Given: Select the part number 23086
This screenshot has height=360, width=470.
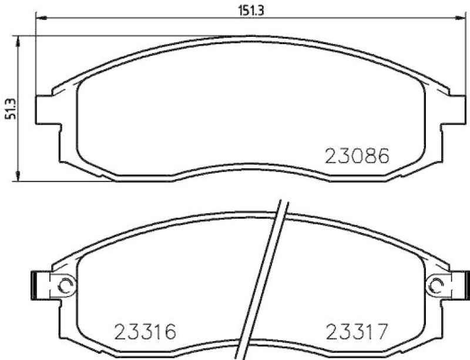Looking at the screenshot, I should click(x=357, y=157).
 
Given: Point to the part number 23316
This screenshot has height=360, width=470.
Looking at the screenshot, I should click(x=145, y=333).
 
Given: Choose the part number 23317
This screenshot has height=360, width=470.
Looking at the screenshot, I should click(x=357, y=333).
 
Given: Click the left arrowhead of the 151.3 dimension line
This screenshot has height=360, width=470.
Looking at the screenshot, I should click(x=41, y=19).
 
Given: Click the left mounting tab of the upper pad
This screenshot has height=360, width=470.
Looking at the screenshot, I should click(x=48, y=109).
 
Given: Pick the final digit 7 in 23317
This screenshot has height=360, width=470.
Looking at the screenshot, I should click(x=382, y=333).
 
